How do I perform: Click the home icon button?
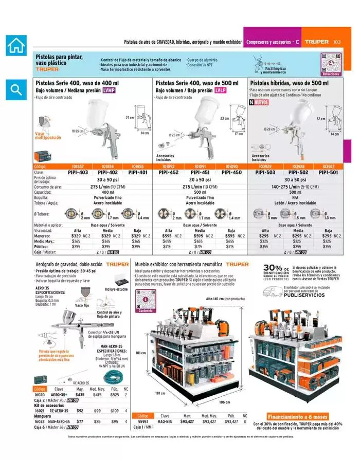coord(16,45)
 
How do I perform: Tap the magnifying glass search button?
coord(16,90)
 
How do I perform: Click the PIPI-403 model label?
coord(78,173)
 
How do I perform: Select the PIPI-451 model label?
coord(200,173)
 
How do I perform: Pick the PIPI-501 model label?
coord(329,173)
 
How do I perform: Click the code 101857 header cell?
coord(78,167)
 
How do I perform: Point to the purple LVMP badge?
coord(109,90)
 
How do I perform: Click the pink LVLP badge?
coord(221,90)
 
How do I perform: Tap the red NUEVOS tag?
coord(259,102)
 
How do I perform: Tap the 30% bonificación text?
coord(276,270)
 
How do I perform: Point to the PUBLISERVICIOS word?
coord(304,296)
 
